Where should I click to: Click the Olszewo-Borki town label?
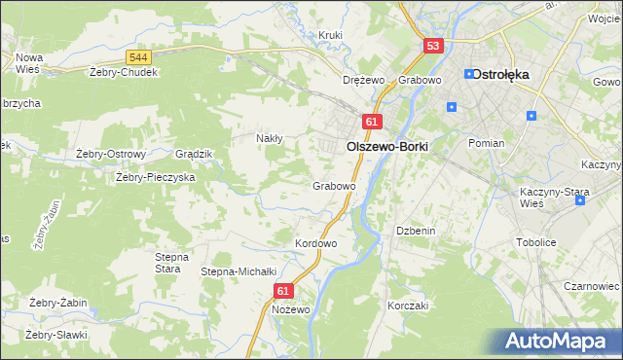tap(386, 145)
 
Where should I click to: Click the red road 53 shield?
tap(434, 46)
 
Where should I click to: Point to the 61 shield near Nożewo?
tap(283, 290)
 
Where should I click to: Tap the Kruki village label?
tap(332, 36)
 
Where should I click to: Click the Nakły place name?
tap(269, 138)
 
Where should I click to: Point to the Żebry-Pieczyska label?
tap(156, 177)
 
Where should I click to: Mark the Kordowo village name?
tap(315, 243)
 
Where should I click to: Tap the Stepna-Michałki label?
tap(239, 271)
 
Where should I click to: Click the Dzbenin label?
tap(414, 231)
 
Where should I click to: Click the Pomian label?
tap(486, 143)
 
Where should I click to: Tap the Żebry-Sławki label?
tap(56, 335)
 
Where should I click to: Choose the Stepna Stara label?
tap(167, 262)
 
